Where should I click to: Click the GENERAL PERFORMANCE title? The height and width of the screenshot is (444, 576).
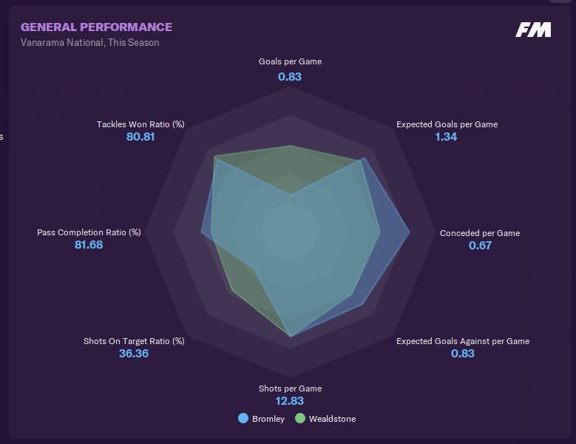tap(96, 27)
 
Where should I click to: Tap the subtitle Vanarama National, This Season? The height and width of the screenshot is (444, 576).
tap(89, 43)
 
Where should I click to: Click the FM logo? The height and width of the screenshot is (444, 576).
tap(534, 30)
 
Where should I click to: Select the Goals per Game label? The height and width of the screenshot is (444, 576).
tap(290, 62)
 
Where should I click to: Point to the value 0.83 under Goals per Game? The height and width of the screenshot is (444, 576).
tap(290, 76)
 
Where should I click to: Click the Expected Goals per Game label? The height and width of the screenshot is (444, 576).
tap(447, 124)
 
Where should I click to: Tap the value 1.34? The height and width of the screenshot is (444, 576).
tap(446, 137)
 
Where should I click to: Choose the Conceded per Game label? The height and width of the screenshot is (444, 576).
tap(480, 233)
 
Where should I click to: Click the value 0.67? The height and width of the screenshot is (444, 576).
tap(480, 246)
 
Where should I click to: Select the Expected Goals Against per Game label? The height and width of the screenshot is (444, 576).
tap(463, 341)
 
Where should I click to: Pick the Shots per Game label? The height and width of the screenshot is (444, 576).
tap(290, 388)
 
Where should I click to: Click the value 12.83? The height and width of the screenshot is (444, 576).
tap(290, 401)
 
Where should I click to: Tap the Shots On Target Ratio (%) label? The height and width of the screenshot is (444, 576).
tap(134, 341)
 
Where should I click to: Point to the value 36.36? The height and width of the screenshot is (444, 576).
tap(134, 354)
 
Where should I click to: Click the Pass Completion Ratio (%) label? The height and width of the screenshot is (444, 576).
tap(89, 232)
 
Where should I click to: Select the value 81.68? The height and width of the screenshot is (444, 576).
tap(89, 245)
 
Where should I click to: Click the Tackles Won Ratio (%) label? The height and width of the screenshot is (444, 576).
tap(140, 124)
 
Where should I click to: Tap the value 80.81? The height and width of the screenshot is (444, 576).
tap(140, 137)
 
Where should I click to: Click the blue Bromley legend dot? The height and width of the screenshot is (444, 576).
tap(243, 419)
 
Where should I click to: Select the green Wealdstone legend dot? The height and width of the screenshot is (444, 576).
tap(300, 419)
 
